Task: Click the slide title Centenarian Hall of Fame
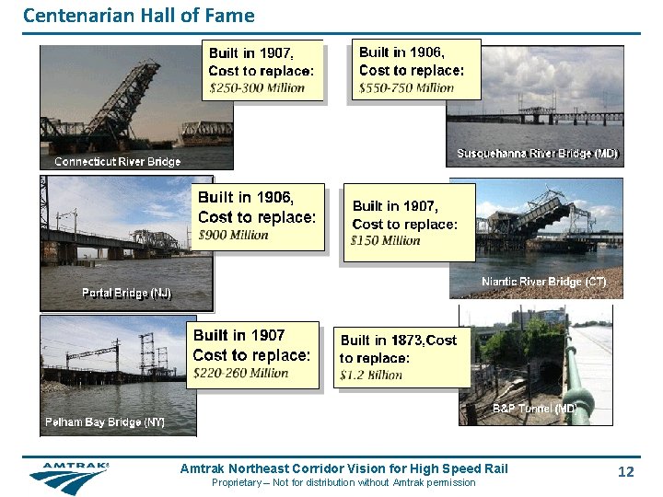point(138,16)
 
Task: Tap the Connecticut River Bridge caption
point(117,161)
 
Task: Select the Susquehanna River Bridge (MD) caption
point(537,153)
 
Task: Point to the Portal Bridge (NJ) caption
point(126,293)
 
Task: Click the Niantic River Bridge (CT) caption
point(543,282)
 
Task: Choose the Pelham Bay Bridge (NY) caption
point(105,422)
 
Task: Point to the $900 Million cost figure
point(234,235)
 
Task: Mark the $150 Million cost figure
point(386,241)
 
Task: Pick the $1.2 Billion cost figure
point(371,375)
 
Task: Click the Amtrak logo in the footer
point(69,477)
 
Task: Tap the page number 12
point(626,472)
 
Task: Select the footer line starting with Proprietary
point(343,483)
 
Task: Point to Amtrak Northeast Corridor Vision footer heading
point(343,469)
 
